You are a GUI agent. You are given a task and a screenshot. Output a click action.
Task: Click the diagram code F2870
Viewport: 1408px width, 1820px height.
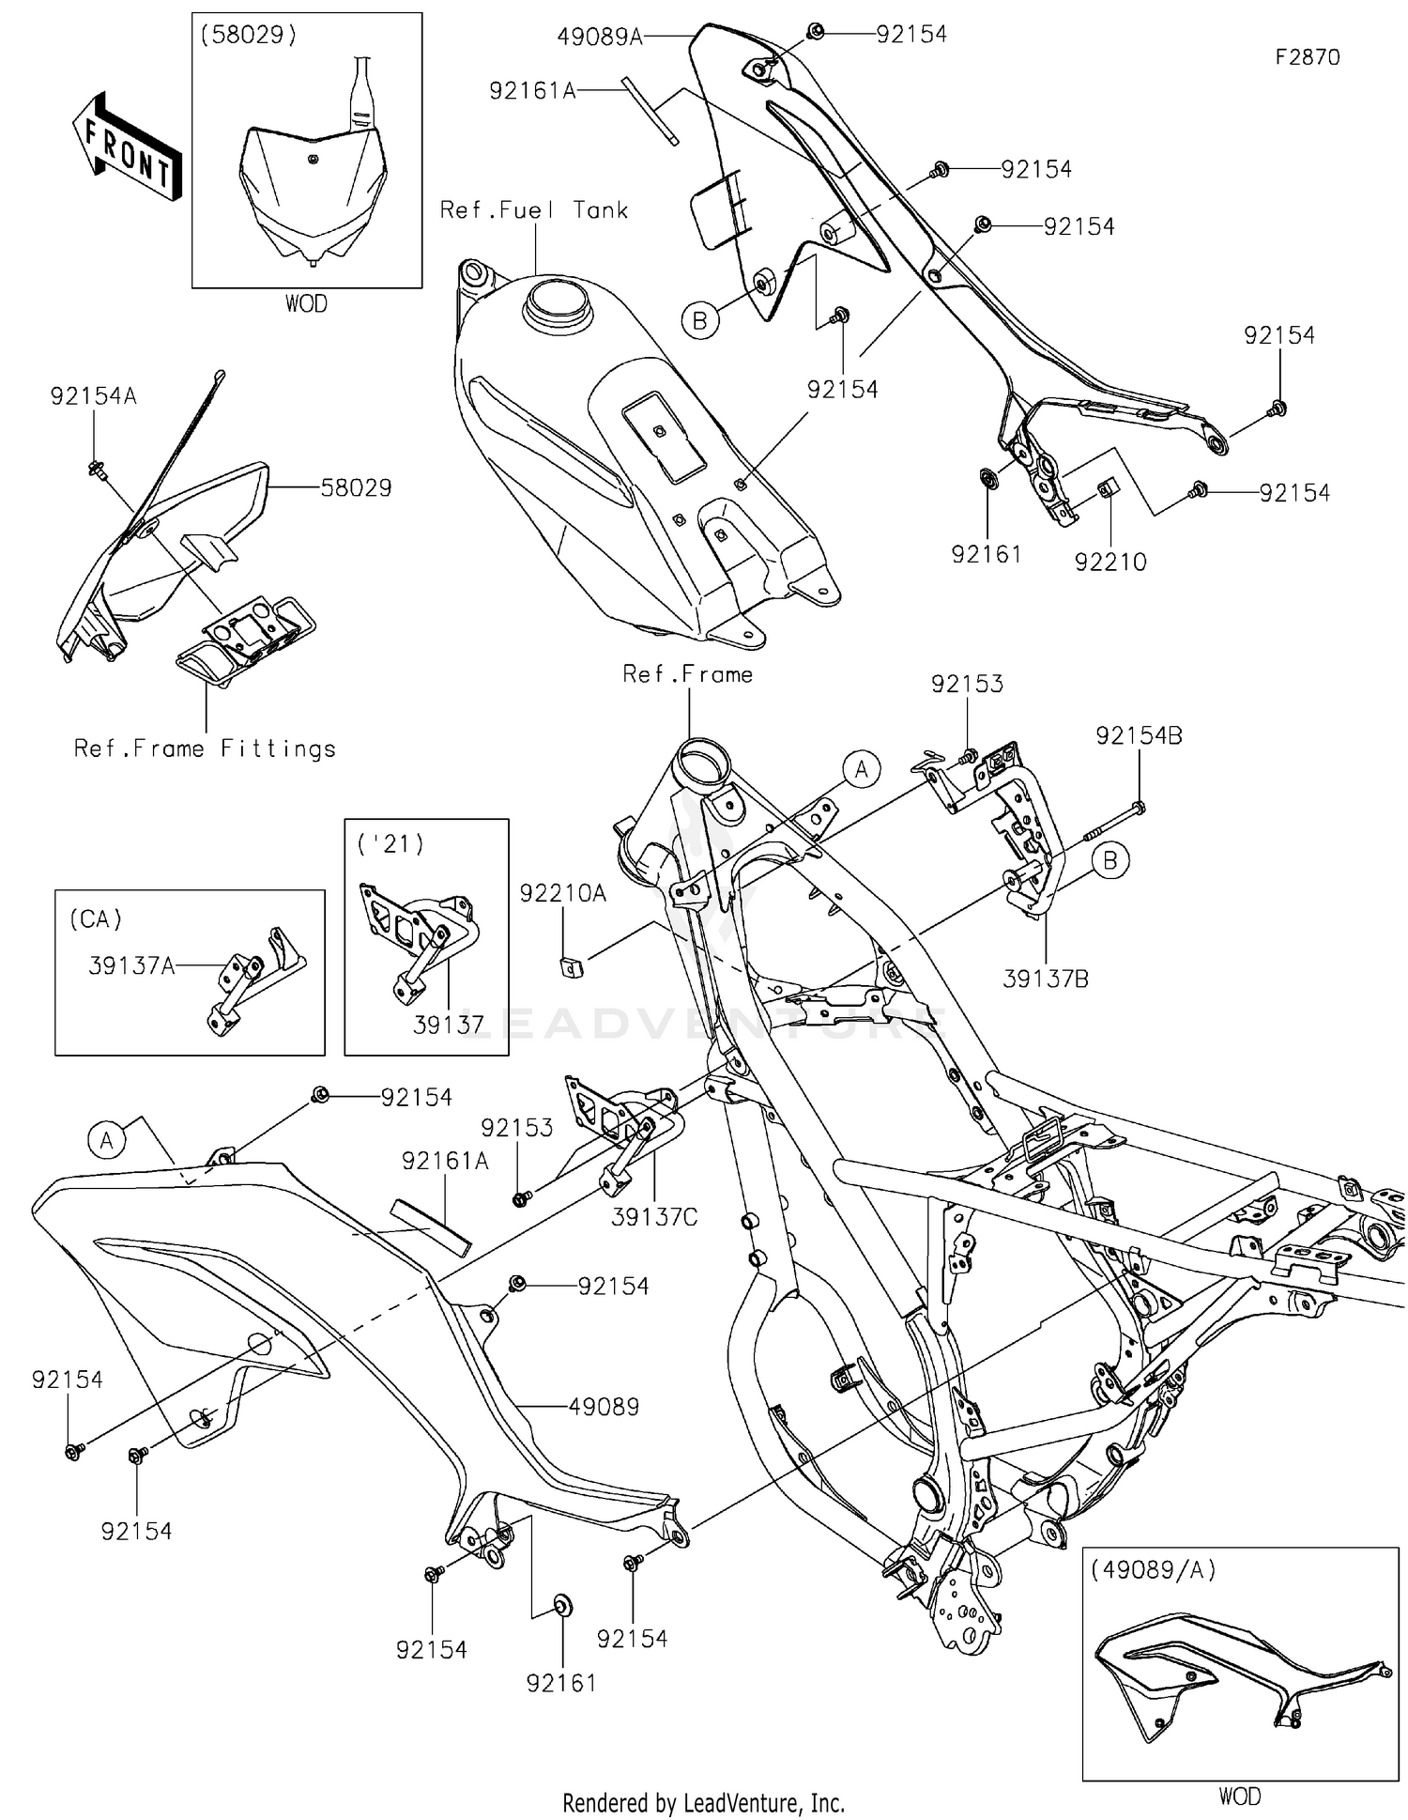[1307, 57]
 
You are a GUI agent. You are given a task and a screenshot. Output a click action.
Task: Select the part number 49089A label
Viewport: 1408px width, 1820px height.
[599, 37]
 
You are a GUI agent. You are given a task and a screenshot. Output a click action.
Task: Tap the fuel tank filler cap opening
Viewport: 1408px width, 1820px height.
[557, 302]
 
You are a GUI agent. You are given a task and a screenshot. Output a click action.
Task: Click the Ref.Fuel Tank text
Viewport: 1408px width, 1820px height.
[533, 210]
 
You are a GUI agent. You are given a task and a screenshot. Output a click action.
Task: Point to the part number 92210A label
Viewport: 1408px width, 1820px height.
[563, 894]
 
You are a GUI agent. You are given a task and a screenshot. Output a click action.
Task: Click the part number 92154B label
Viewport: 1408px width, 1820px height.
[1139, 736]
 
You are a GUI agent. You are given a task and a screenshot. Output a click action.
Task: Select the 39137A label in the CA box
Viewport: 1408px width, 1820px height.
[131, 965]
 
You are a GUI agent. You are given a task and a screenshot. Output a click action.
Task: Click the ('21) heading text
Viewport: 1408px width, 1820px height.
[390, 844]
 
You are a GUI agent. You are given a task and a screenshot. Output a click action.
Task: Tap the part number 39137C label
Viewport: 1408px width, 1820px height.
[654, 1217]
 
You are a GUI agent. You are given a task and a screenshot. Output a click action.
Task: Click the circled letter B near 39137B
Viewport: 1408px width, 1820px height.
[1110, 860]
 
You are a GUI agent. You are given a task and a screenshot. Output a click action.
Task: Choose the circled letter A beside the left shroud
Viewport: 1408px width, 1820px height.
[106, 1140]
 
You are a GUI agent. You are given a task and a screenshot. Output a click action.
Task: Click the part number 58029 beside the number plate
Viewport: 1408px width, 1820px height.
[356, 487]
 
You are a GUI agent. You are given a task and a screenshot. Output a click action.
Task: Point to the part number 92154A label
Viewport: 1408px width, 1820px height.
[93, 396]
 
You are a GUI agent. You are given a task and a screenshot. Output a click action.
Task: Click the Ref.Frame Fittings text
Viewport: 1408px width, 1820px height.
[205, 748]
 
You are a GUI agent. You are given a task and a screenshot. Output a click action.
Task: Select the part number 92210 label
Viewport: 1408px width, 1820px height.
[1110, 562]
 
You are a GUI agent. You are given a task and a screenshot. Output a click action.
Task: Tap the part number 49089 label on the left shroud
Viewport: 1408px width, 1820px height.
[604, 1407]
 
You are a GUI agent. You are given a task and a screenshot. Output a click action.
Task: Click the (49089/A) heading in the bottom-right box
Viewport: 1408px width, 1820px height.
[1153, 1569]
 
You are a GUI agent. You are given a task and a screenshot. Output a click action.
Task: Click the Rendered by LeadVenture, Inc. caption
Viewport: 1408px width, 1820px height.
[703, 1802]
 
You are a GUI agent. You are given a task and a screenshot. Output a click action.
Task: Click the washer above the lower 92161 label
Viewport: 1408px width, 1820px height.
[561, 1605]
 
